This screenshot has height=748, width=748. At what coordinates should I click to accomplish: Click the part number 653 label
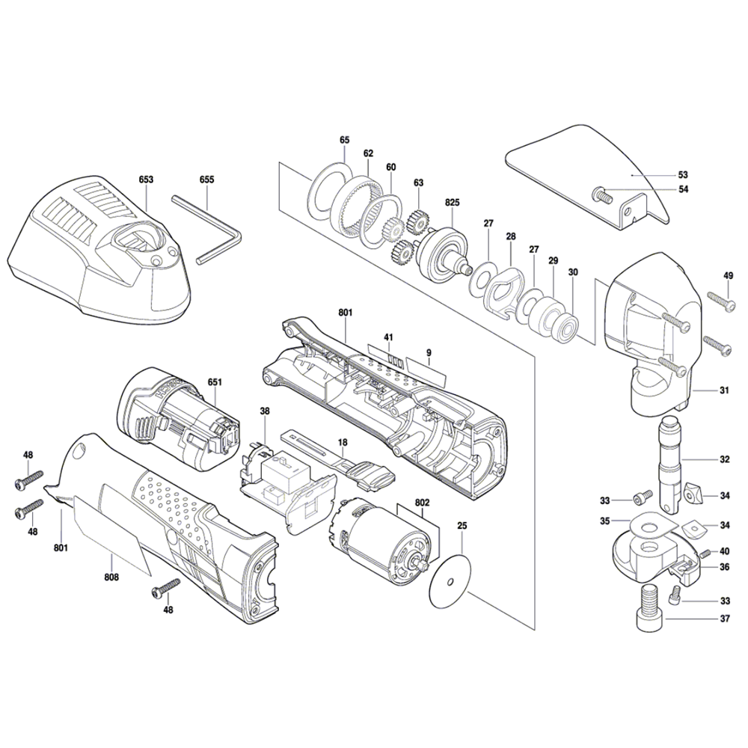pos(146,180)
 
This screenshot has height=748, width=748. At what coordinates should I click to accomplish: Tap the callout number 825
pos(452,202)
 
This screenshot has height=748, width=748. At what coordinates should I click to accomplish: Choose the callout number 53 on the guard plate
pos(683,174)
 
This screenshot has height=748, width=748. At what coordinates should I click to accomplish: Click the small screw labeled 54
pos(602,194)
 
